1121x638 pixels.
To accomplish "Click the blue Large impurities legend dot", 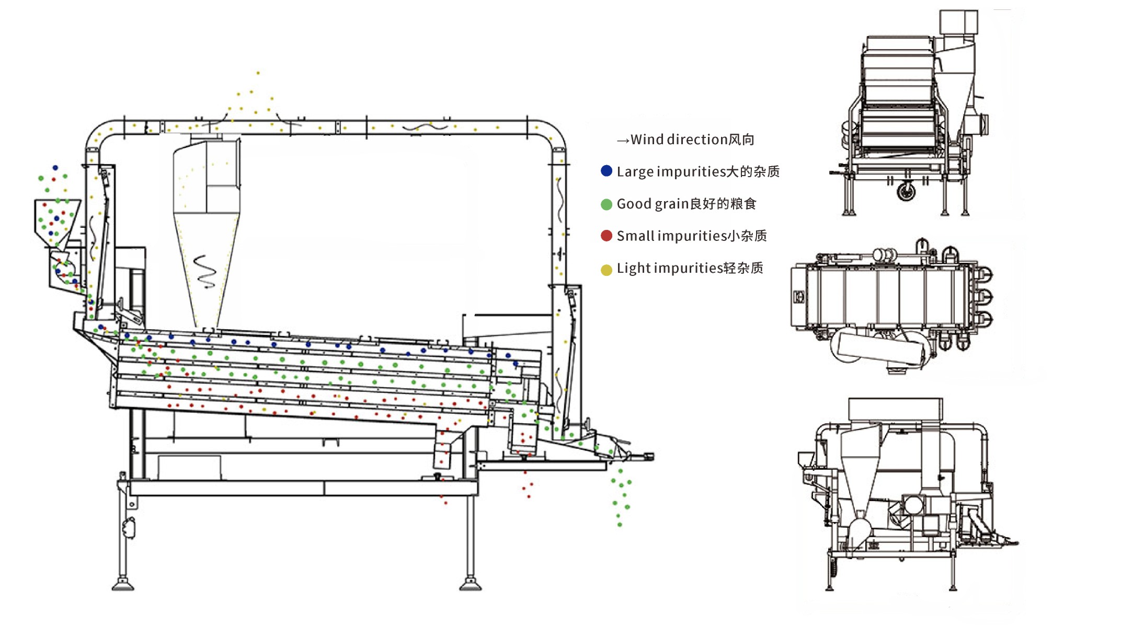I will pos(607,171).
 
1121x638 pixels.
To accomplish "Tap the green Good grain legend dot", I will pos(607,204).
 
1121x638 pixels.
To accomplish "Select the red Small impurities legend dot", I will pos(607,236).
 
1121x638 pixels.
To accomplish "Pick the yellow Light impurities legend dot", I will pos(607,270).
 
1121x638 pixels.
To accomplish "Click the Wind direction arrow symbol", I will pos(623,141).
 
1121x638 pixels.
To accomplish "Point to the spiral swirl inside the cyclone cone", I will pos(205,271).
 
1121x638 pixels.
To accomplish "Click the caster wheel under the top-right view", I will pos(906,191).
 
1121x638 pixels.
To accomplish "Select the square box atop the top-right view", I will pos(958,22).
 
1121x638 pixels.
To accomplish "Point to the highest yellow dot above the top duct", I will pos(258,73).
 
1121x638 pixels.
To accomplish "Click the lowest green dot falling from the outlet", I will pos(620,525).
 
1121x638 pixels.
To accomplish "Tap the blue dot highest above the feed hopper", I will pos(55,168).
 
